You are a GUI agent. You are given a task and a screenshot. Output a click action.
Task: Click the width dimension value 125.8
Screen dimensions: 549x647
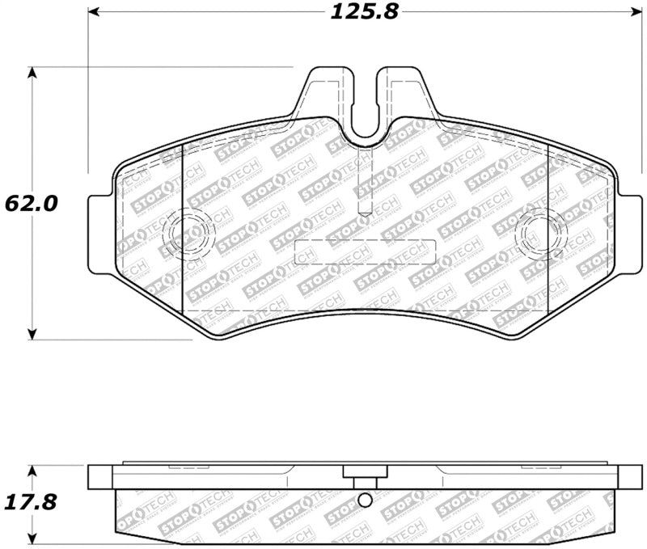pyautogui.click(x=364, y=12)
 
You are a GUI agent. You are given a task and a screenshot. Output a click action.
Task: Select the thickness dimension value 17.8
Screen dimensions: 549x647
pyautogui.click(x=32, y=502)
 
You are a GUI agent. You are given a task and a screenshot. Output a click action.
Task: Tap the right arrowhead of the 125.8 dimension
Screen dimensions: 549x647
pyautogui.click(x=633, y=12)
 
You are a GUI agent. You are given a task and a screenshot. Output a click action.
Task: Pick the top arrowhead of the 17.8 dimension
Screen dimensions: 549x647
pyautogui.click(x=32, y=470)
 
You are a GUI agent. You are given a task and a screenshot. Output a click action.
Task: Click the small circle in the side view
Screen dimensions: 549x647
pyautogui.click(x=364, y=500)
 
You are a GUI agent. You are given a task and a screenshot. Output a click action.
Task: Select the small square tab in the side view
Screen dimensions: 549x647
pyautogui.click(x=356, y=474)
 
